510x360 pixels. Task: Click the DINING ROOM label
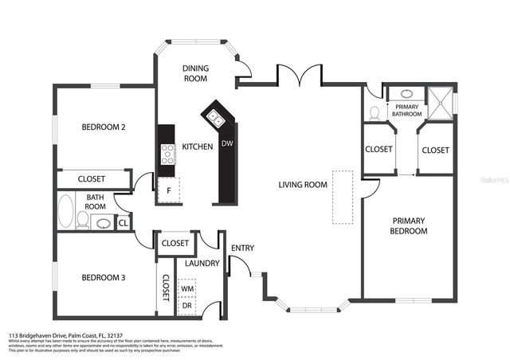(x=195, y=73)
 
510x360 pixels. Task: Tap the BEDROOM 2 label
(x=104, y=127)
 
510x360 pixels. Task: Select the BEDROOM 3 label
(x=104, y=278)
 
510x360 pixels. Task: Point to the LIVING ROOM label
(x=303, y=185)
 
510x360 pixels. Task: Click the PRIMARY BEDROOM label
(x=409, y=225)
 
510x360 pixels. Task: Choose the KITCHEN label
(x=198, y=147)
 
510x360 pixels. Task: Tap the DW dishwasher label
(x=227, y=144)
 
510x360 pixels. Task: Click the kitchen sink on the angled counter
(x=215, y=119)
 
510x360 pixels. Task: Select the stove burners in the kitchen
(x=167, y=153)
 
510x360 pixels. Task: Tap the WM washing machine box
(x=188, y=288)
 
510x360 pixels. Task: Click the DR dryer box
(x=188, y=305)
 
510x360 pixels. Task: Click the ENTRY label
(x=242, y=248)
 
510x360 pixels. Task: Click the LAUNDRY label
(x=202, y=263)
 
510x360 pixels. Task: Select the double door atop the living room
(x=299, y=76)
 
